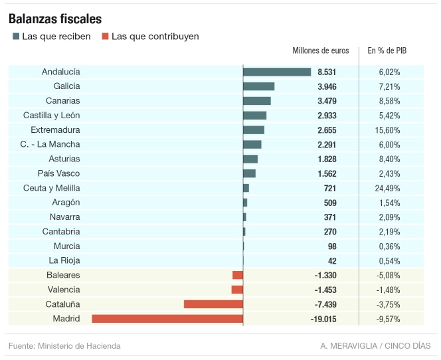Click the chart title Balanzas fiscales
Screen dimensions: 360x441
tap(55, 19)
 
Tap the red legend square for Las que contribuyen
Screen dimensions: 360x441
tap(105, 37)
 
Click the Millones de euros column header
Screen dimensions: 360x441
tap(320, 51)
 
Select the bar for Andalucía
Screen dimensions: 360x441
tap(277, 72)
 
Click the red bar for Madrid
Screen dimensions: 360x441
tap(167, 319)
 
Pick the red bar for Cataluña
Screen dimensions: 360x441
tap(213, 304)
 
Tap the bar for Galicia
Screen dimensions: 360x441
tap(258, 86)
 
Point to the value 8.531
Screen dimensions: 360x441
tap(327, 72)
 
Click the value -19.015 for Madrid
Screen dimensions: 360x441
tap(323, 319)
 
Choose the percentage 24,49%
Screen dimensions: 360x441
tap(389, 188)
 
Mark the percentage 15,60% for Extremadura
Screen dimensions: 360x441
tap(389, 130)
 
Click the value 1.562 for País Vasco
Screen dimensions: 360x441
tap(327, 173)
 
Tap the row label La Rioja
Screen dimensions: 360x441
tap(64, 260)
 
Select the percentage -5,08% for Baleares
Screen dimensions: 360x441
tap(389, 275)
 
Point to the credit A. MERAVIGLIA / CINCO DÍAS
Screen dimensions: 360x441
tap(375, 346)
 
